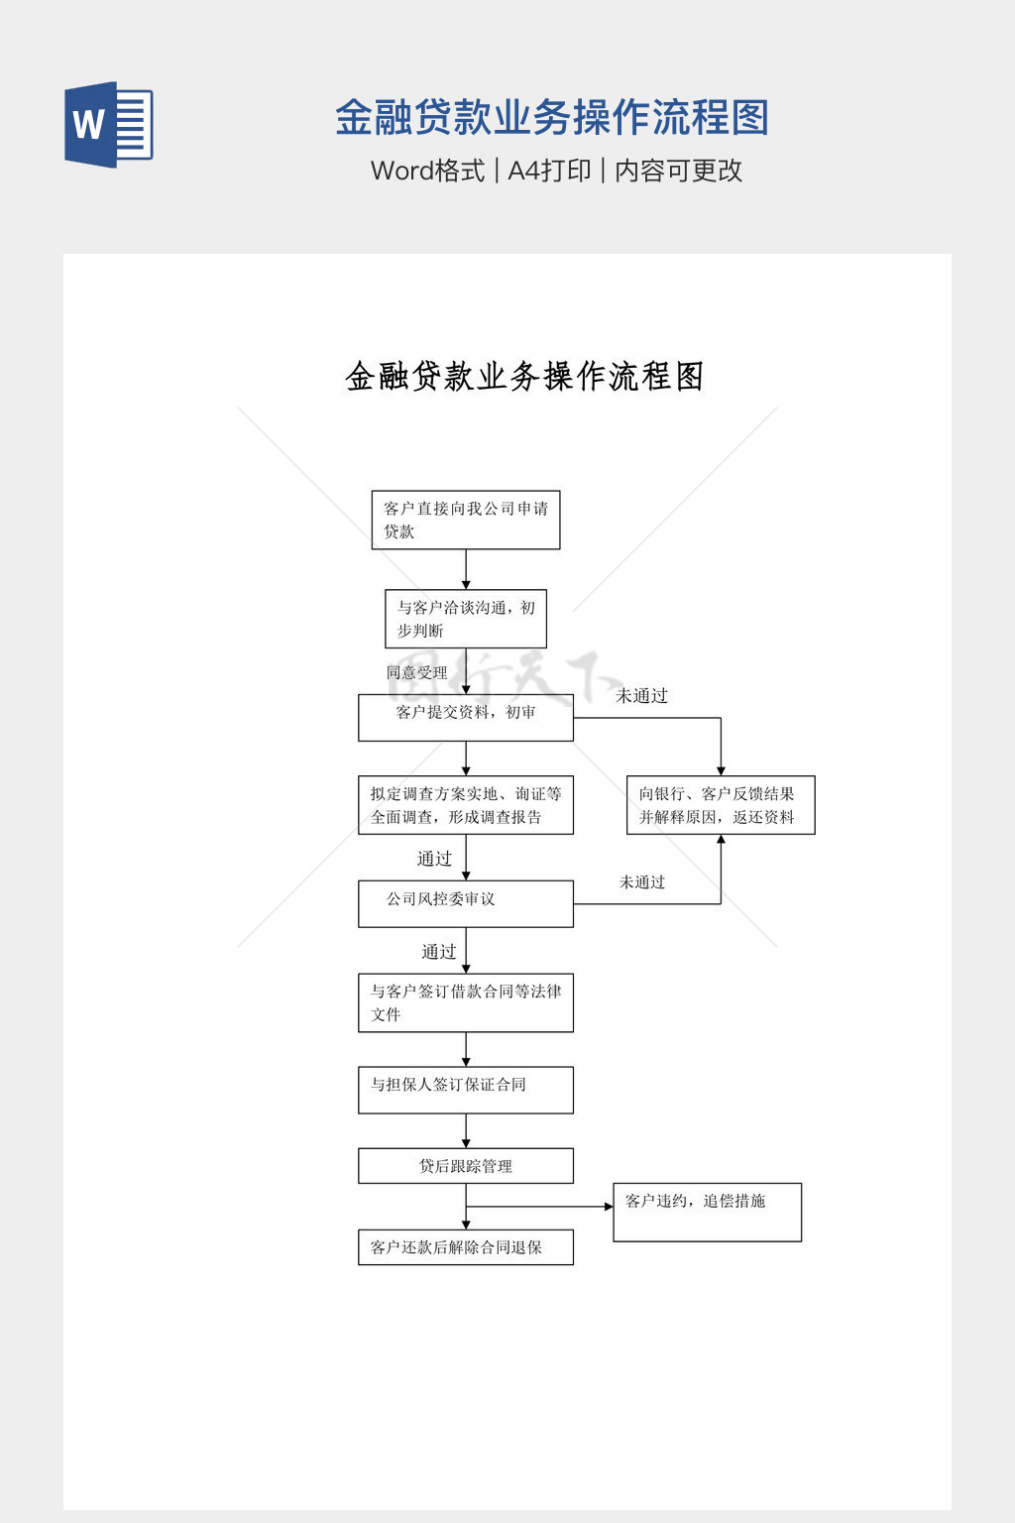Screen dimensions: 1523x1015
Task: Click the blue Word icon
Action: [109, 125]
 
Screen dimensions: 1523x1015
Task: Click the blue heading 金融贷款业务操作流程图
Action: [552, 118]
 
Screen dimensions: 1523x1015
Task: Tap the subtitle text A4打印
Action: [549, 171]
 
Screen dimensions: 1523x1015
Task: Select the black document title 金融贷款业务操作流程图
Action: [524, 377]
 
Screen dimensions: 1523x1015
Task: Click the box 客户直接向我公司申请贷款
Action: [466, 520]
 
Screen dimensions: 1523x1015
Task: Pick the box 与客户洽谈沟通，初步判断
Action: [466, 619]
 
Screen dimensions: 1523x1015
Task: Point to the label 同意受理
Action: [417, 672]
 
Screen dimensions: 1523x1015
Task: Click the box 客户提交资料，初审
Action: [466, 717]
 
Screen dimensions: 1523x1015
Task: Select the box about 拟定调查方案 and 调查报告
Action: [466, 805]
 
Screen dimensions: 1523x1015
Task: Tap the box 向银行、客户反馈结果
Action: [721, 805]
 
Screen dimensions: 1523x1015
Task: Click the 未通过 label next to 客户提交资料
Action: [642, 696]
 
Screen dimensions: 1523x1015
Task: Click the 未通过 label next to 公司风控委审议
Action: [642, 882]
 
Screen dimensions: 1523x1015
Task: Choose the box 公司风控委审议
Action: [466, 903]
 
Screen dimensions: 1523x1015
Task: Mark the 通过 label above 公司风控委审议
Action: [434, 859]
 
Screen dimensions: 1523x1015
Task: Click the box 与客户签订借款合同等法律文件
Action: [466, 1002]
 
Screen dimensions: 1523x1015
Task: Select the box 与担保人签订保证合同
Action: [466, 1090]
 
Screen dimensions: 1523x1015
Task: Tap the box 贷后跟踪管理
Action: [466, 1166]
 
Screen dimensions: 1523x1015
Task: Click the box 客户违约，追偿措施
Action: [707, 1212]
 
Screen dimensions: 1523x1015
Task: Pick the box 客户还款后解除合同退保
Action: [466, 1247]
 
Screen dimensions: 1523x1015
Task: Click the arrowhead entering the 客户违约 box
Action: [609, 1207]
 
